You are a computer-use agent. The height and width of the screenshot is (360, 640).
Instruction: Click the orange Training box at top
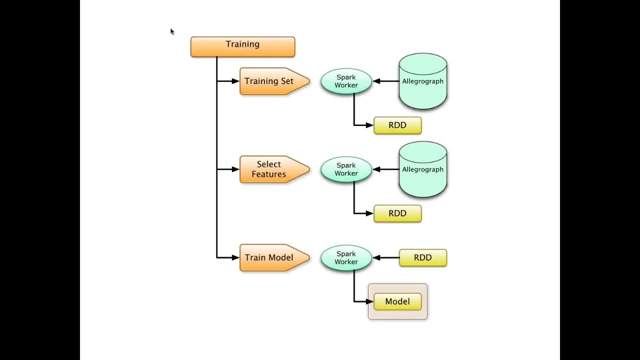click(x=242, y=46)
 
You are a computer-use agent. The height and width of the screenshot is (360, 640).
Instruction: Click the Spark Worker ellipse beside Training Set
click(x=346, y=81)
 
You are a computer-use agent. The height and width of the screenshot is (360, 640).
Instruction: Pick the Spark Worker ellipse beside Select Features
click(x=346, y=169)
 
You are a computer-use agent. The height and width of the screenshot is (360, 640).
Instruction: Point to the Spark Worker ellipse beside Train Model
click(x=346, y=257)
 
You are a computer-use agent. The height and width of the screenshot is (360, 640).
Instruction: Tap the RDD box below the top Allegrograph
click(x=397, y=125)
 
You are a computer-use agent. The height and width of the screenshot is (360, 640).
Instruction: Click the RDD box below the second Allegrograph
click(x=397, y=213)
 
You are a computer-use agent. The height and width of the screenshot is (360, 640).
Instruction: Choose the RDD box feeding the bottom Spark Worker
click(x=422, y=257)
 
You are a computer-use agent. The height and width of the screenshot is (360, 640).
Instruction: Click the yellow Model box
click(x=397, y=301)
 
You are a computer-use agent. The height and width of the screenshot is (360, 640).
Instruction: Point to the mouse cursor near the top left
click(x=171, y=32)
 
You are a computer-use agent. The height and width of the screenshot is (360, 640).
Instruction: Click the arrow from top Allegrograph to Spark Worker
click(x=385, y=81)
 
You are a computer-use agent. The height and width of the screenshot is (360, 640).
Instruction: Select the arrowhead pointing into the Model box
click(x=370, y=301)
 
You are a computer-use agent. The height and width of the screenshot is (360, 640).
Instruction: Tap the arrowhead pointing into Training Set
click(x=235, y=81)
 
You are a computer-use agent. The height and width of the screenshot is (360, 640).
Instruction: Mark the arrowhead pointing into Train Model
click(x=235, y=257)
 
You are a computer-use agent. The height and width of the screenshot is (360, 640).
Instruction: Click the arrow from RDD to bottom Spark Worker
click(x=385, y=257)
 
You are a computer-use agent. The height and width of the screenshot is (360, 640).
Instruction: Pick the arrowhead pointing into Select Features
click(x=235, y=169)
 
